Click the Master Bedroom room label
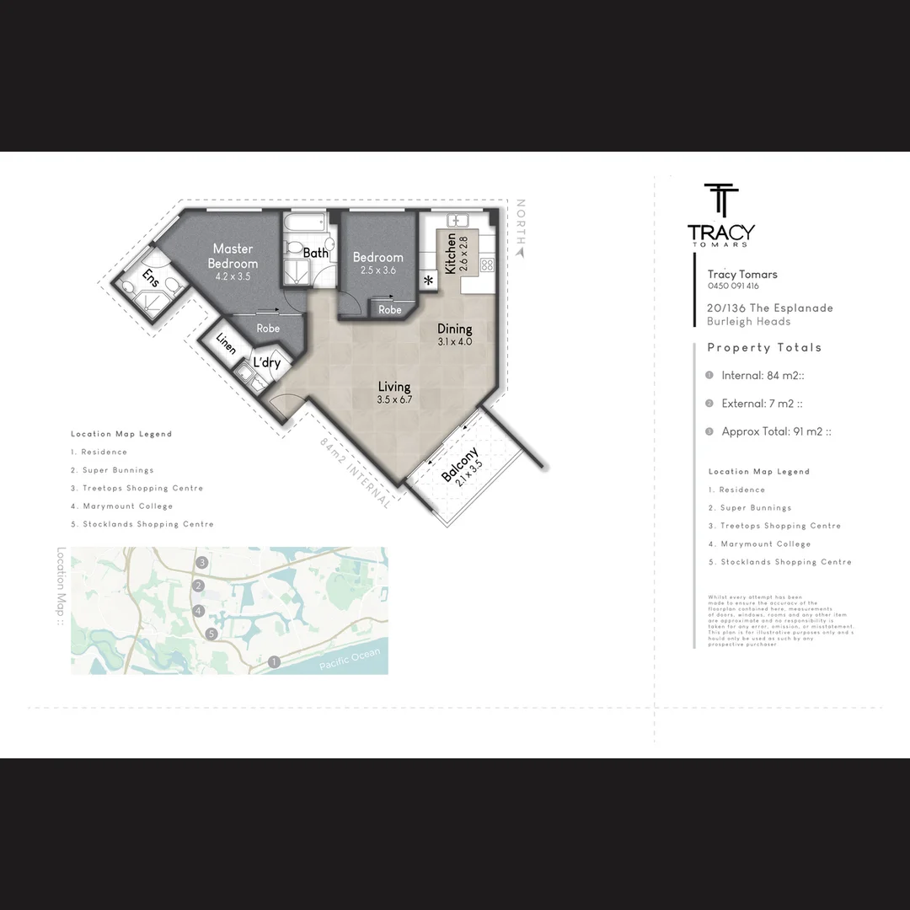click(x=233, y=256)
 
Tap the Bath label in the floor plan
click(x=315, y=253)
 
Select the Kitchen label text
click(x=451, y=253)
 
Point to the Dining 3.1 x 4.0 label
click(x=454, y=335)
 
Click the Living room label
click(x=393, y=393)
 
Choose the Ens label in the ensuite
click(x=150, y=277)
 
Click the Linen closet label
click(x=225, y=344)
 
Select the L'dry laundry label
click(x=266, y=363)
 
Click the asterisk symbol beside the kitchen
click(x=428, y=281)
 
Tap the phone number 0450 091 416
click(x=733, y=286)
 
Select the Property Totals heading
click(x=764, y=347)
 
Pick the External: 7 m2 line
click(x=762, y=404)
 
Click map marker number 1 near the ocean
click(x=274, y=662)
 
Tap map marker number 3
click(x=201, y=562)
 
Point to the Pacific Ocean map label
click(x=350, y=660)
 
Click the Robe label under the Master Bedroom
click(x=268, y=329)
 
